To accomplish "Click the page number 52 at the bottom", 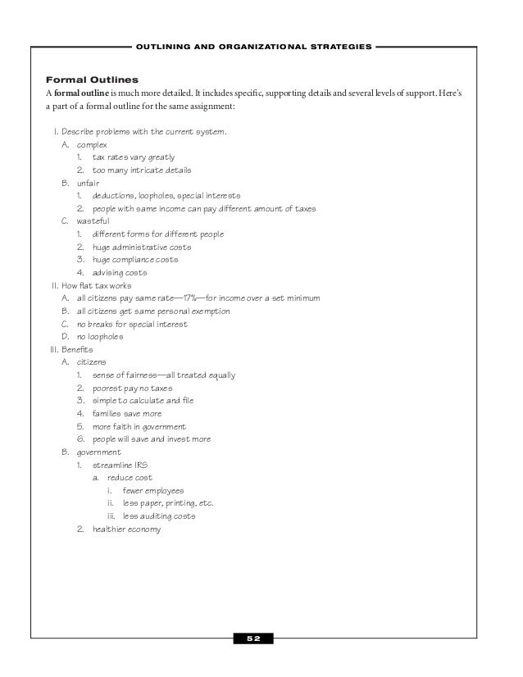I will point(254,638).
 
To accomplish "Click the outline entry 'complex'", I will point(92,144).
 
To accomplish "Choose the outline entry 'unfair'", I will point(88,183).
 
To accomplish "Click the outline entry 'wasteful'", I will point(93,221).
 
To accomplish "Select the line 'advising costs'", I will point(120,272).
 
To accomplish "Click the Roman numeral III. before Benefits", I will point(57,349).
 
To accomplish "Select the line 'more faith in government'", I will point(139,426).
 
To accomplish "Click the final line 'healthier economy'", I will point(126,529).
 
